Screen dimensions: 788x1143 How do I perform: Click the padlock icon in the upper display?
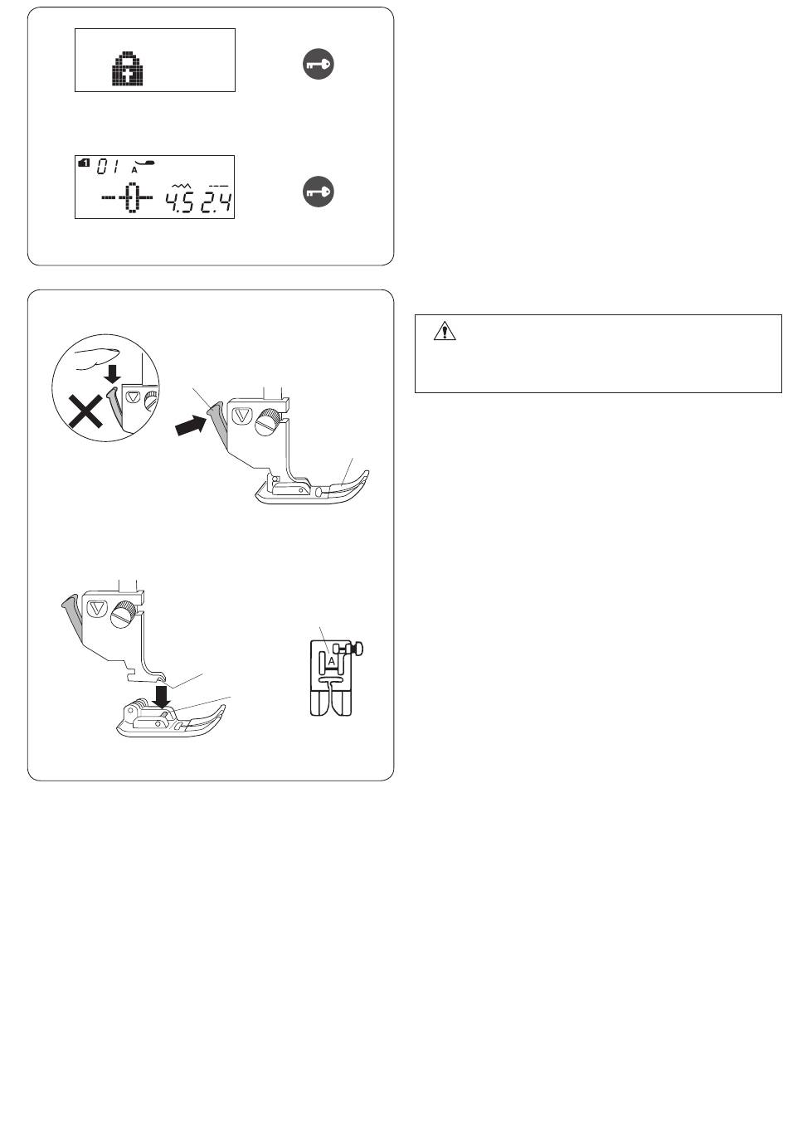128,68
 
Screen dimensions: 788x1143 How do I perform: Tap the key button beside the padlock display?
318,65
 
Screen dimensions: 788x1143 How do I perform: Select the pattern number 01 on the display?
108,167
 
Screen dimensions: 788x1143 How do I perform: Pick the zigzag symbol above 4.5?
179,186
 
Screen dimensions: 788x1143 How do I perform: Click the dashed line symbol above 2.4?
218,187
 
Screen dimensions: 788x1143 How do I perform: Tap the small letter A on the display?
134,170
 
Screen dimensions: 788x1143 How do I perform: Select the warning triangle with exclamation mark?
444,331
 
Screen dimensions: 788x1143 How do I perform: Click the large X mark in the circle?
87,413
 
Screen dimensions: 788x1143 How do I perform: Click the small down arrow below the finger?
112,376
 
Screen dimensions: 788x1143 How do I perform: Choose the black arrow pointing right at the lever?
191,425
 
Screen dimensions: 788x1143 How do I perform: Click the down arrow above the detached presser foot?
163,697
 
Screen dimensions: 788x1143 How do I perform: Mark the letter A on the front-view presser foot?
331,661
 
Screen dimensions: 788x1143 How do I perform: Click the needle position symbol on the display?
127,197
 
